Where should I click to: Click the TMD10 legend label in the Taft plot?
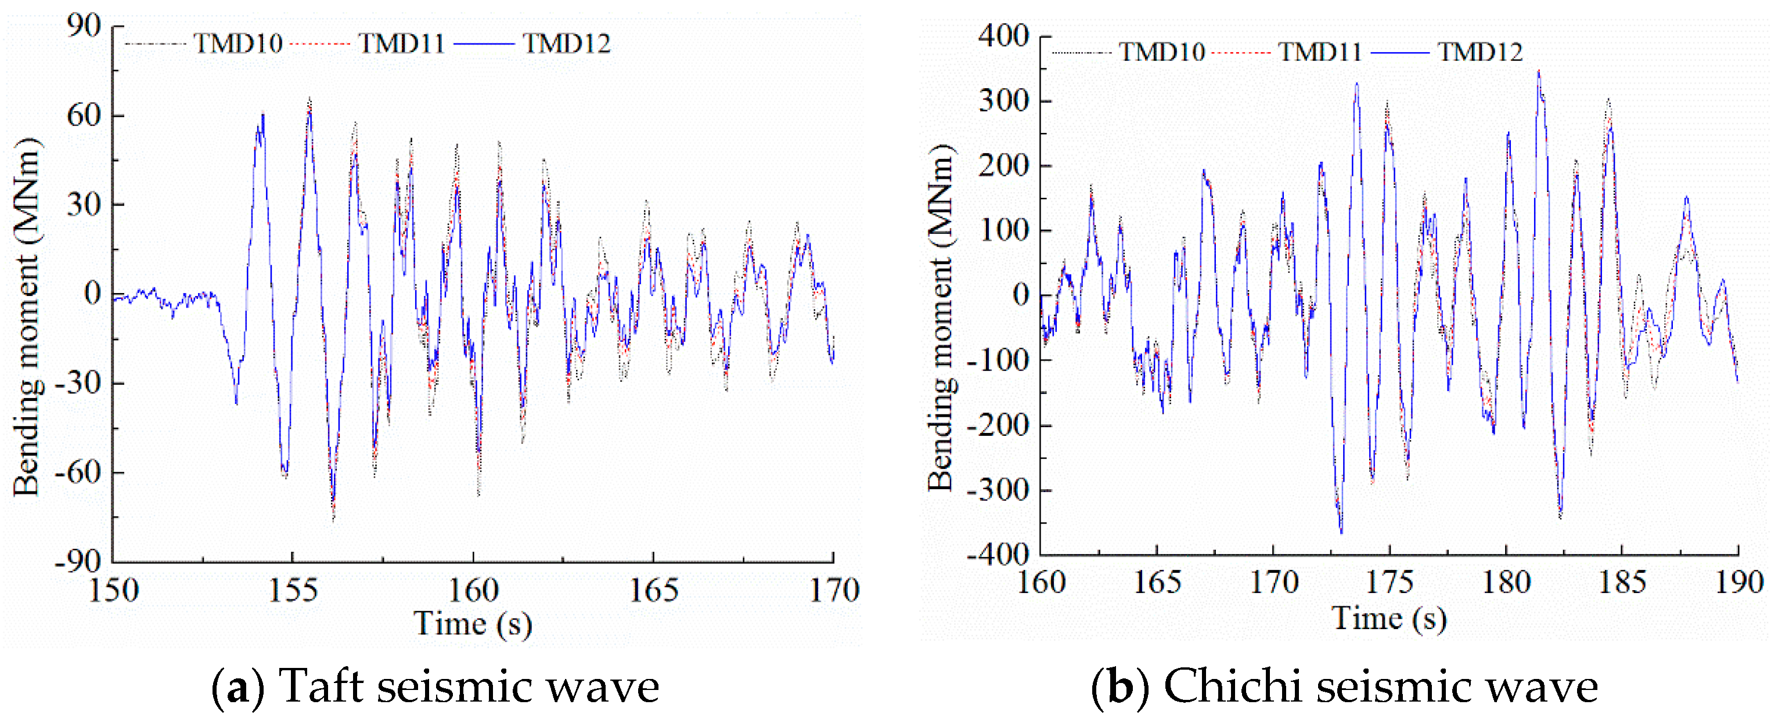(238, 44)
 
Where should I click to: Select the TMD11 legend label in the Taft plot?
(401, 44)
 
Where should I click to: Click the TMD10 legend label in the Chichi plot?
(1162, 52)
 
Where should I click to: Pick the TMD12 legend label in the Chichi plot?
(1480, 52)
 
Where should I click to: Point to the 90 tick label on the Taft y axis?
(84, 26)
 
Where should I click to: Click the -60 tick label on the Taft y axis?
(78, 472)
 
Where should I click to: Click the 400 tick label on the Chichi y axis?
(1003, 36)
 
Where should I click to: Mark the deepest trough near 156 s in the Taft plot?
(333, 519)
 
